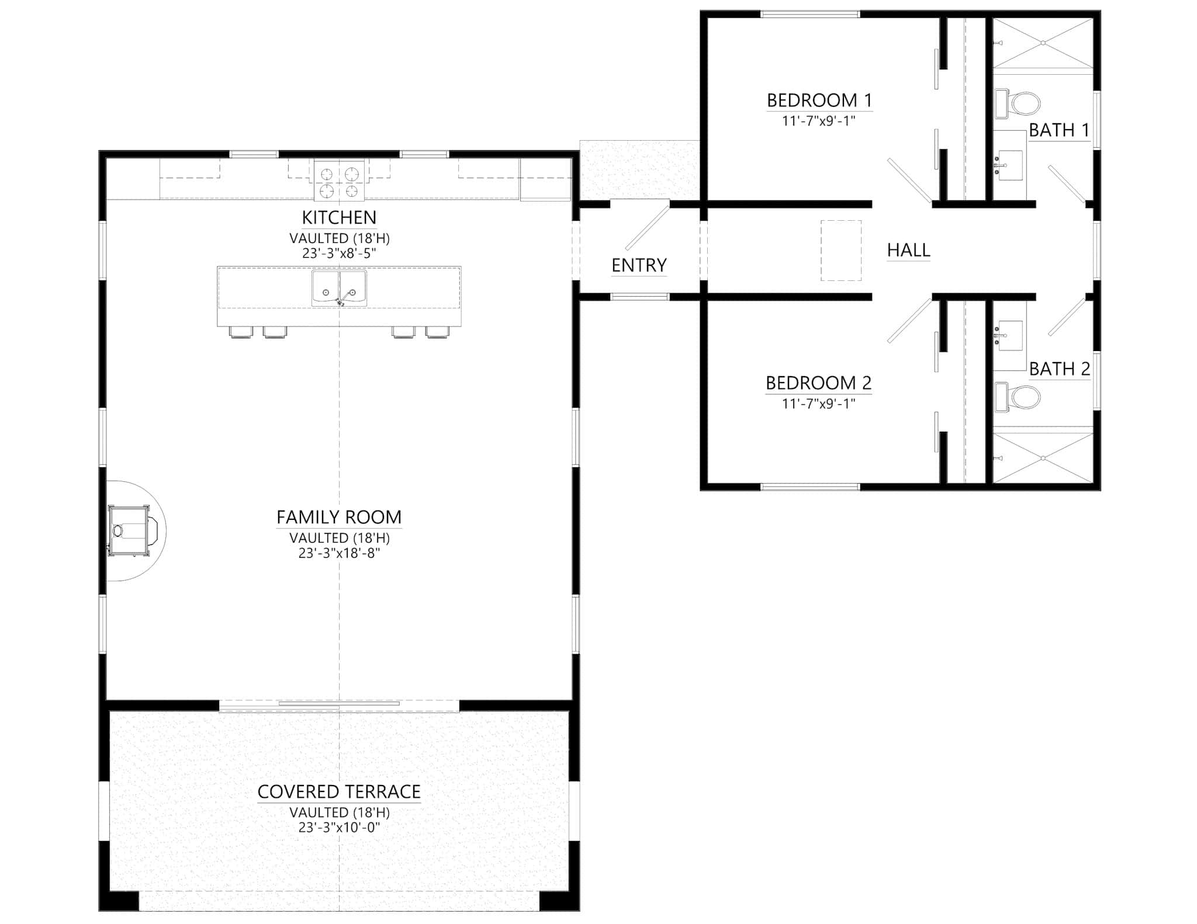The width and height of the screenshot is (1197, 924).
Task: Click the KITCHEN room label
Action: (339, 218)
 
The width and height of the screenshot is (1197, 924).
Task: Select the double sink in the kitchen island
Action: (339, 287)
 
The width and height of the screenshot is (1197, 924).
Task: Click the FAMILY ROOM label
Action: (339, 517)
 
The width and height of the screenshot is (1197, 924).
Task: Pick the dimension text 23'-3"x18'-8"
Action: (339, 553)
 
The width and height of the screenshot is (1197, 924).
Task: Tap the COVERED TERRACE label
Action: (339, 792)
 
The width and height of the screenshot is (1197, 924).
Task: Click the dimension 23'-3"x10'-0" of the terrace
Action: (339, 827)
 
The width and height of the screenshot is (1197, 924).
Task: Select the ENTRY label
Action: (639, 266)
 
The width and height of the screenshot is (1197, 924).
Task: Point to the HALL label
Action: (908, 251)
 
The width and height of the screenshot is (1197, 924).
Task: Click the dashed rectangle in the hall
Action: (840, 251)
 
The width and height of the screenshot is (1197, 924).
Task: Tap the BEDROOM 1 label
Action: (819, 100)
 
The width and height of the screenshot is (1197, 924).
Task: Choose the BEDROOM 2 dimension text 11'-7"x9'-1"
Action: (819, 403)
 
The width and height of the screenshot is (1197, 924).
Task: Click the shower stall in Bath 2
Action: (1043, 458)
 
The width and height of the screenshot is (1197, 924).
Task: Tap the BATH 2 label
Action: (1059, 369)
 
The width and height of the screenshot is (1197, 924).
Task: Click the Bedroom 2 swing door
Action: (909, 321)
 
